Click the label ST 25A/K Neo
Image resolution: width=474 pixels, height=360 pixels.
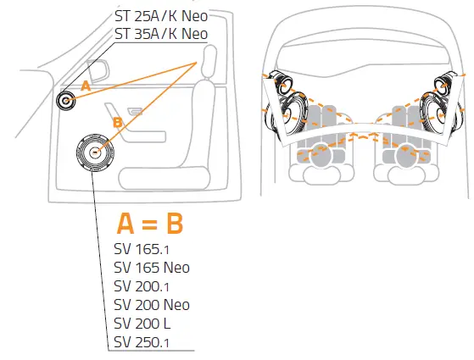tap(160, 16)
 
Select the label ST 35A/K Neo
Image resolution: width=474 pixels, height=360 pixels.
tap(160, 34)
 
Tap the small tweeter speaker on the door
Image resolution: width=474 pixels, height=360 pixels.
tap(65, 101)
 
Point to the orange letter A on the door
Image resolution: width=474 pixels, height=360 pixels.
tap(85, 86)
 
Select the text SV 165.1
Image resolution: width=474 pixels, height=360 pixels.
tap(142, 249)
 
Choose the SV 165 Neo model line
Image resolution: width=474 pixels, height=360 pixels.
tap(151, 268)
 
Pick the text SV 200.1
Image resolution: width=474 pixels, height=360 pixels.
tap(142, 286)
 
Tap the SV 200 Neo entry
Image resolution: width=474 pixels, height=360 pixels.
tap(151, 305)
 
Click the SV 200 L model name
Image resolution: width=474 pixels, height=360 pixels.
tap(142, 324)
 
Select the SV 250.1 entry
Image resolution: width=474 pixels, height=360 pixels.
tap(142, 342)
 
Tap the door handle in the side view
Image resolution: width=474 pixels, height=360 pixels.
tap(134, 112)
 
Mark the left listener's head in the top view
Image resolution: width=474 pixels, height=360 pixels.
tap(320, 153)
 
